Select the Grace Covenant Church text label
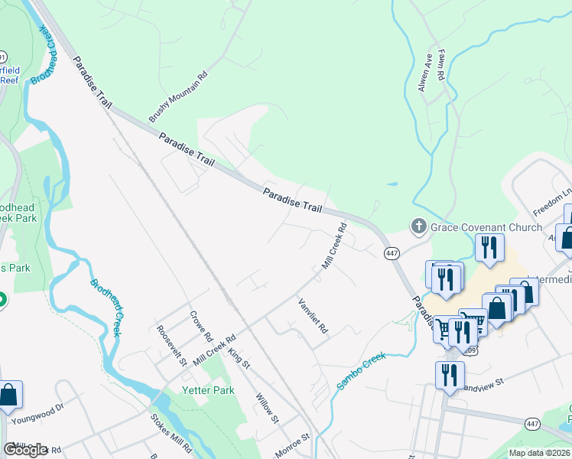click(486, 226)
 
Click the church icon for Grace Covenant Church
click(418, 226)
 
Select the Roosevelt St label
click(171, 345)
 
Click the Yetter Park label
click(187, 390)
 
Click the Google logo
click(26, 449)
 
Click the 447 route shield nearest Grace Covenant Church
click(392, 252)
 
